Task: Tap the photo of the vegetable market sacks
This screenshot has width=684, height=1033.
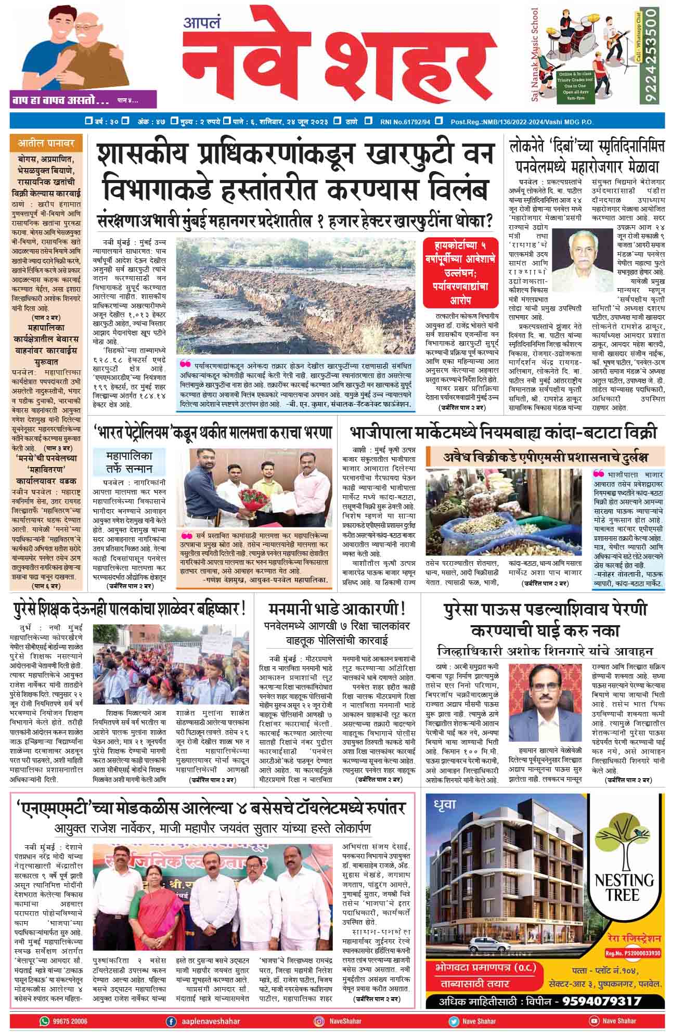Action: [x=506, y=512]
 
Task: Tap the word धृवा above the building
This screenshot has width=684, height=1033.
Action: [x=445, y=805]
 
